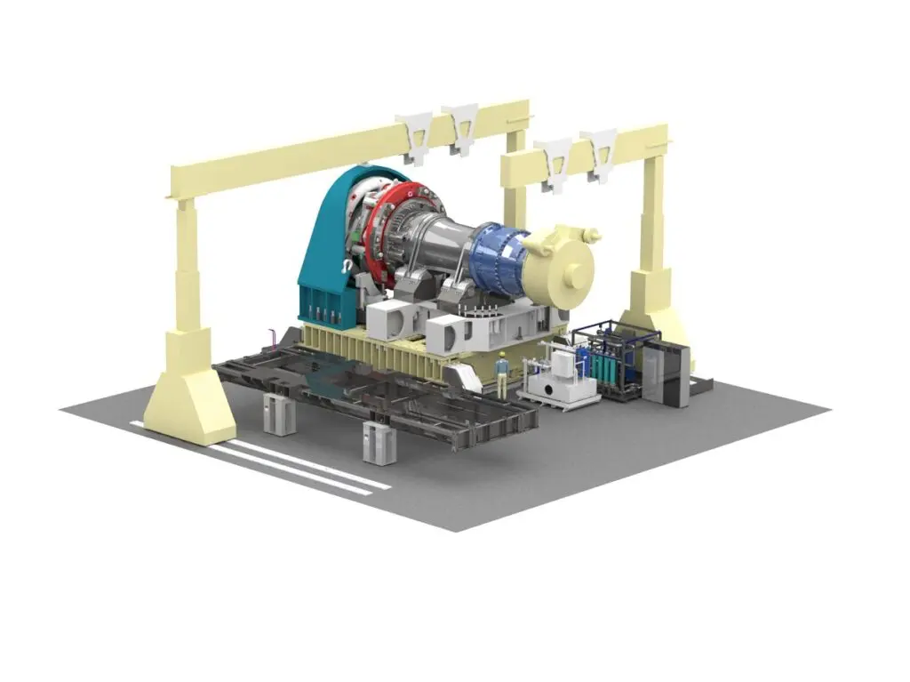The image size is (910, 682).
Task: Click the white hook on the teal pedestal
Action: pos(345,264)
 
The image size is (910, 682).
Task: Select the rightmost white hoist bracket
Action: pos(600,152)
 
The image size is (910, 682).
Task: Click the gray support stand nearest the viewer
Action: pos(378,442)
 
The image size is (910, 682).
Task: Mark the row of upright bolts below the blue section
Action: pos(484,311)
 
